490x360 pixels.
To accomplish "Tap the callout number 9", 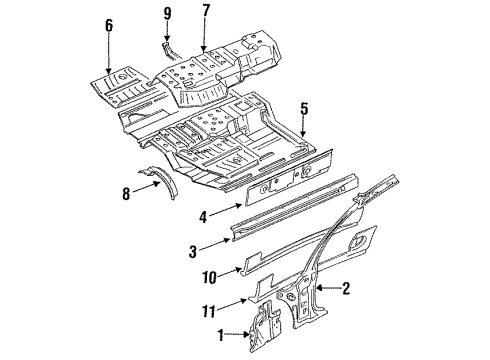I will coord(168,14).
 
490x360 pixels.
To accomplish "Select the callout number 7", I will coord(206,14).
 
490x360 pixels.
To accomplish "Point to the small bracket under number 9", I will coord(167,45).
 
